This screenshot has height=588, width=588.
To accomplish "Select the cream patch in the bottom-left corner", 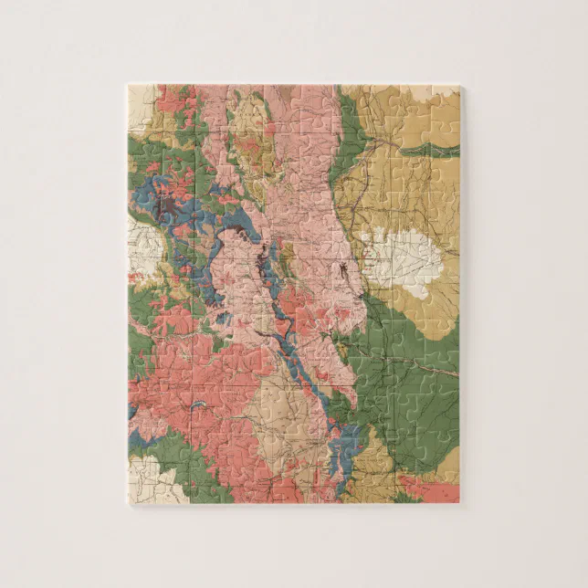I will point(143,475).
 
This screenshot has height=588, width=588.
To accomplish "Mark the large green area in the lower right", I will point(411,383).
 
